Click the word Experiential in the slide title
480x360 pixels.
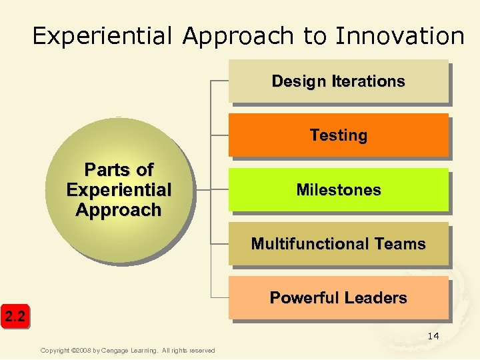pos(105,36)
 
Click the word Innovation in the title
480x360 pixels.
pos(400,36)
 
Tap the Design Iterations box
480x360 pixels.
pos(338,81)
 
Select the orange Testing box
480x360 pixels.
pos(338,135)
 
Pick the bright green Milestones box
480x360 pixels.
pos(338,190)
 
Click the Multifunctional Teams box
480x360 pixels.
pos(338,244)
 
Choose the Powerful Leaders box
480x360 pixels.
pos(338,298)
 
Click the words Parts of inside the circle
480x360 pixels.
pos(119,170)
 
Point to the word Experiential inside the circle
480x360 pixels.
pos(119,190)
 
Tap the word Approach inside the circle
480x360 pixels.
pos(119,210)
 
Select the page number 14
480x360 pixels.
pos(433,336)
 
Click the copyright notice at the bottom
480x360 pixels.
pos(127,351)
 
